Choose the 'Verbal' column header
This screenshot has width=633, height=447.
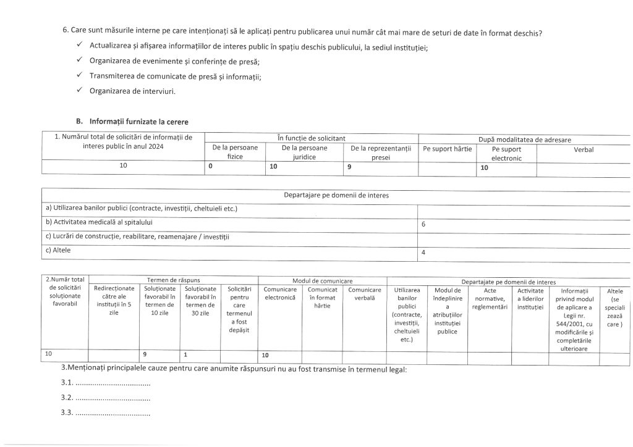tap(584, 149)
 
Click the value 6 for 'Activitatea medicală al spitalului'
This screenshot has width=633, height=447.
tap(423, 225)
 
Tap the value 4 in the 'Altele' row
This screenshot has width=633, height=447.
tap(423, 253)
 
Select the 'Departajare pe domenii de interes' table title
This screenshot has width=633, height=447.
tap(336, 196)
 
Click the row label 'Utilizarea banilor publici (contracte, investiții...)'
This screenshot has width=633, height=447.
tap(142, 209)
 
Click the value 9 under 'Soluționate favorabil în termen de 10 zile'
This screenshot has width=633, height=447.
tap(145, 355)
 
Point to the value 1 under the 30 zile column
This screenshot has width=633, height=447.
tap(185, 355)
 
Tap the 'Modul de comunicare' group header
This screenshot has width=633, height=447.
tap(322, 280)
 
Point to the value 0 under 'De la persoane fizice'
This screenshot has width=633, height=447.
tap(211, 167)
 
